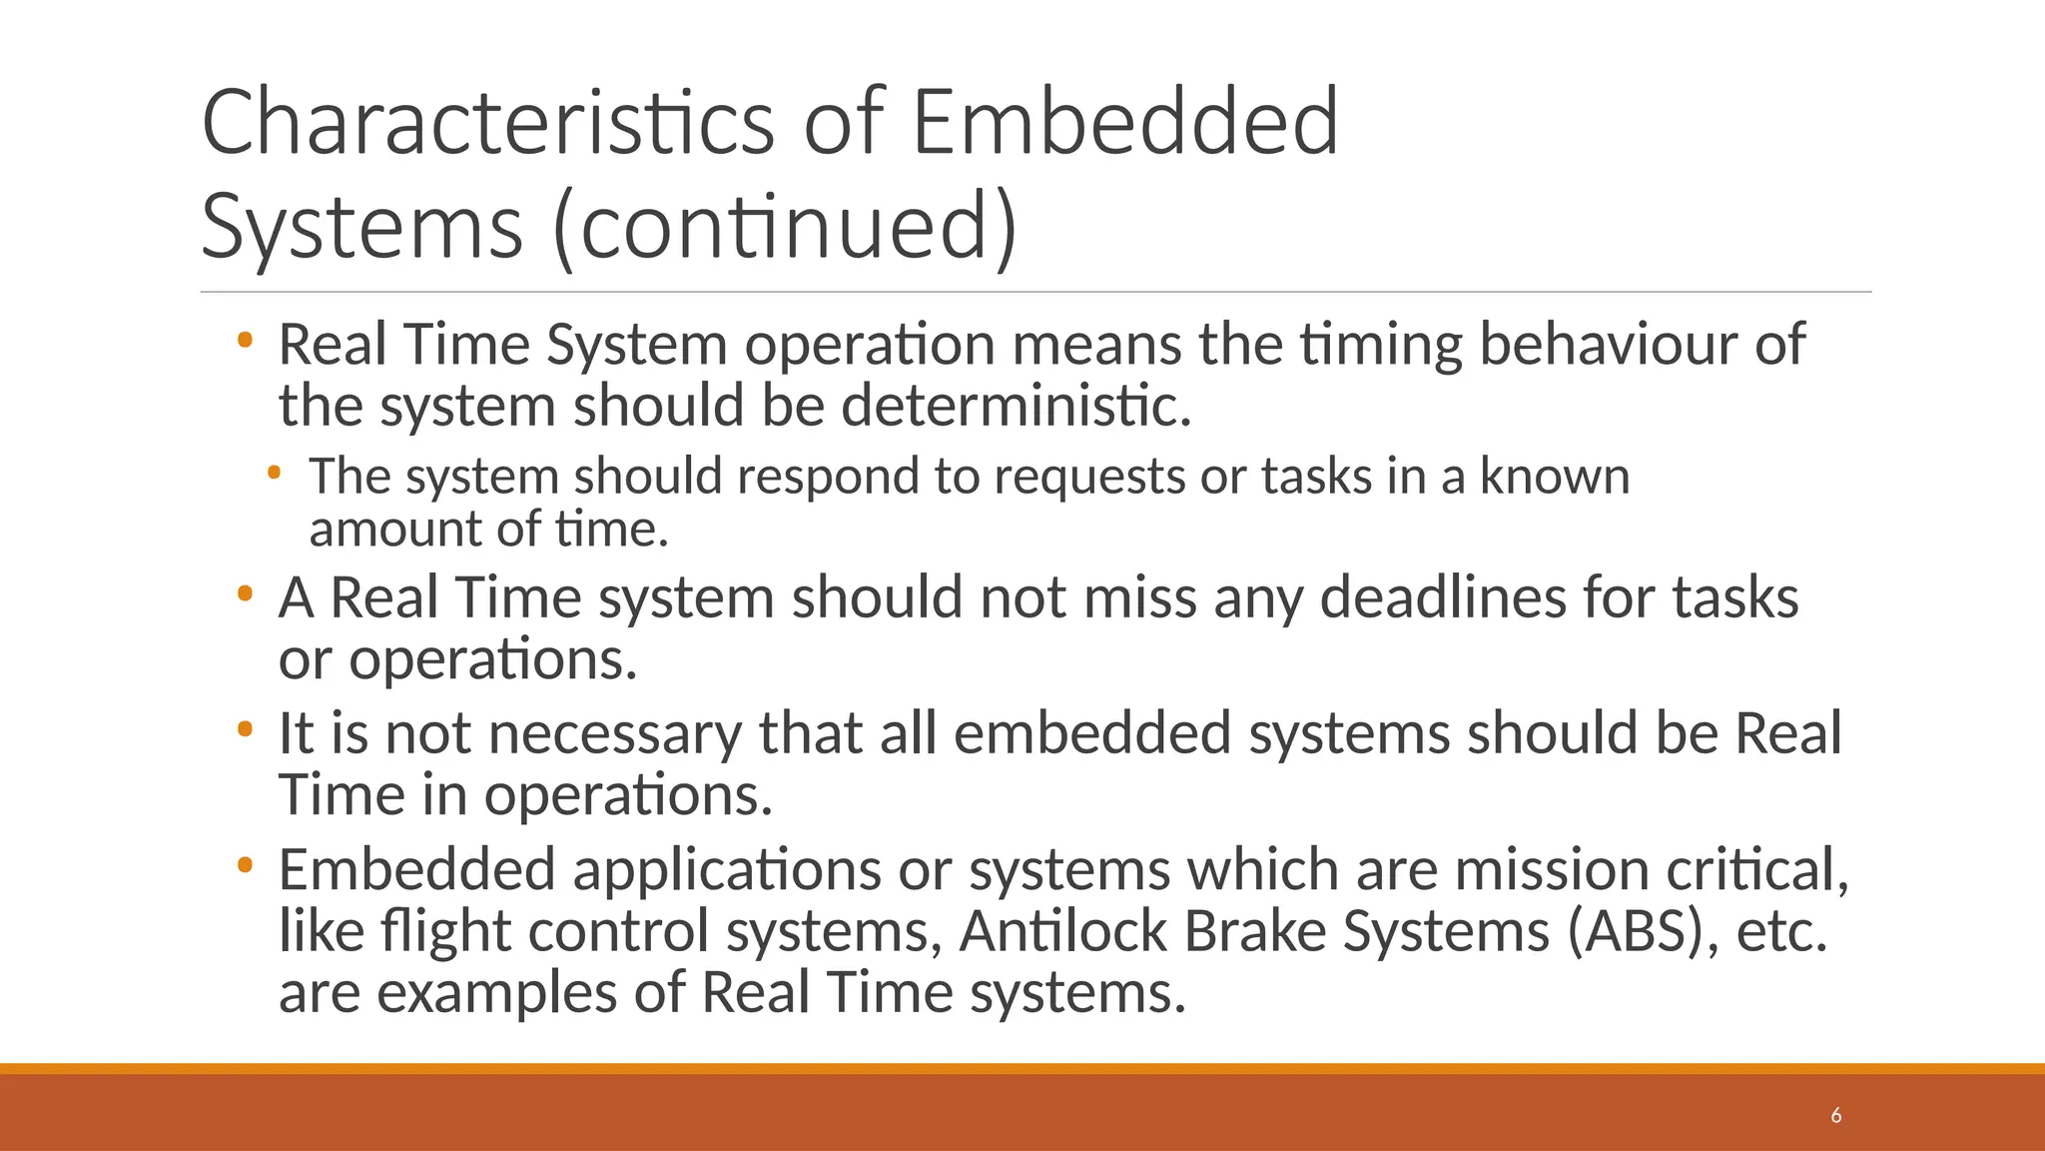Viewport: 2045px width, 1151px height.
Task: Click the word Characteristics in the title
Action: [487, 123]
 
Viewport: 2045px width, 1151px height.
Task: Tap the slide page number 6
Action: [1835, 1116]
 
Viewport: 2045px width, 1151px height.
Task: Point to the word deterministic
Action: [1016, 407]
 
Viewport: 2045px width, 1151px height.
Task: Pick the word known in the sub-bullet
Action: [1554, 477]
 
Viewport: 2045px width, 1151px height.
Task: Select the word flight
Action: [445, 931]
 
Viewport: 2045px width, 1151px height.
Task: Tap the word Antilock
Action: [1062, 931]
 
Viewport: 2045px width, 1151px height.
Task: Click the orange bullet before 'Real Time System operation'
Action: [245, 342]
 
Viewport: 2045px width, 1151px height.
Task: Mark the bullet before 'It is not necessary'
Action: [245, 730]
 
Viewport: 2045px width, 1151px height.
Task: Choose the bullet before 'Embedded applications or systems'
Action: [245, 866]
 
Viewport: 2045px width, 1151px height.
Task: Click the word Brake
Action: [1254, 931]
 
